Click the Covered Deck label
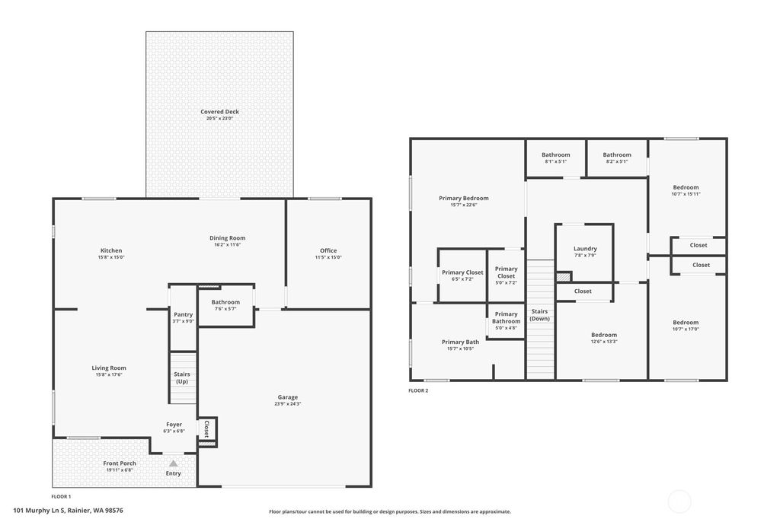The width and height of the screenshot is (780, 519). pos(219,112)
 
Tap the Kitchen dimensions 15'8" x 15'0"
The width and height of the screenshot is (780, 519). pos(111,258)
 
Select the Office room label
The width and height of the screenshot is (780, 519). pos(328,250)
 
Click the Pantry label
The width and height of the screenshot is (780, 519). pos(183,314)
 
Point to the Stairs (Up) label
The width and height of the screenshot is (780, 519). pos(182,377)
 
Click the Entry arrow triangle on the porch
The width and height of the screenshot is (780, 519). pos(174,463)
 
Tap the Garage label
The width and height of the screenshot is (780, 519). pos(288,397)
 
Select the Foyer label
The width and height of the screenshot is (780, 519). pos(174,425)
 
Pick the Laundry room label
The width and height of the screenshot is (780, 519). pos(585,249)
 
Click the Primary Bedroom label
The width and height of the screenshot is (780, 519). pos(464,198)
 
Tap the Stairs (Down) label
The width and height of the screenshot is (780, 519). pos(540,314)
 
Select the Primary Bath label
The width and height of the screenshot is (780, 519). pos(461,342)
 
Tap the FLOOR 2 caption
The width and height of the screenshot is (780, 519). pos(418,390)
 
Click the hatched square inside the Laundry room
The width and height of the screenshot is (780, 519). pos(563,278)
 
